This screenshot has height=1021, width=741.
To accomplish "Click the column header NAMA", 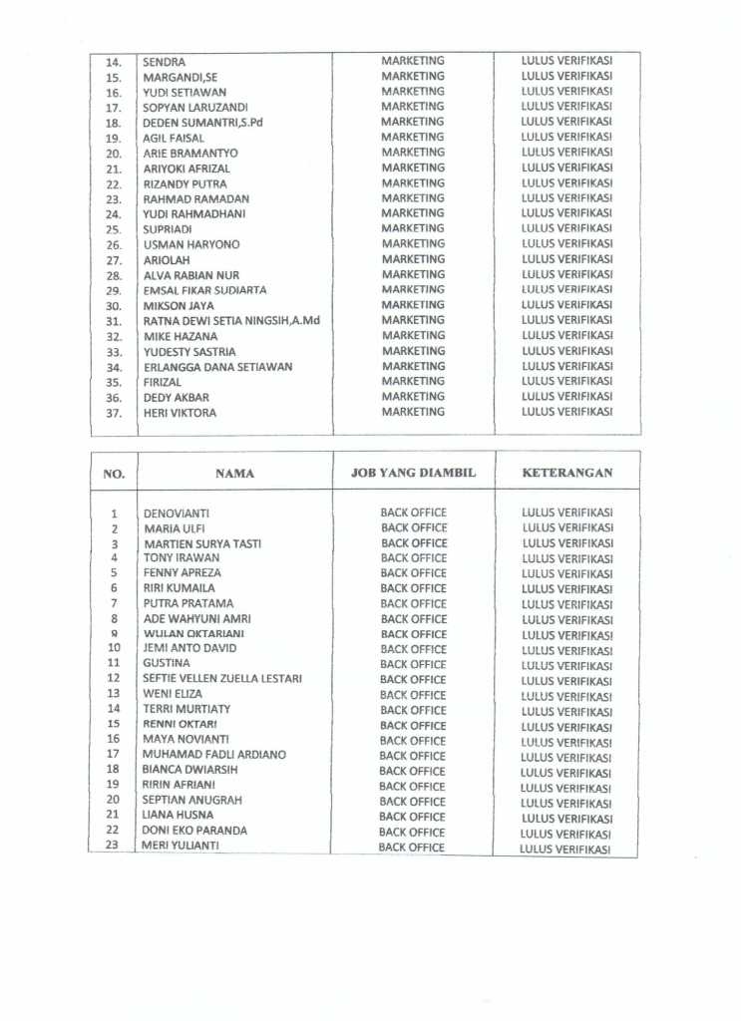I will [x=234, y=474].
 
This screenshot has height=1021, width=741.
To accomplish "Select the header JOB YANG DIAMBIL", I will [x=413, y=473].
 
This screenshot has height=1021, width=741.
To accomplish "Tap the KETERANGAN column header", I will [x=566, y=473].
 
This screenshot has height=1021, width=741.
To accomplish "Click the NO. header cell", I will [x=114, y=474].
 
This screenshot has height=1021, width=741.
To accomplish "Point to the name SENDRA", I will [x=165, y=62].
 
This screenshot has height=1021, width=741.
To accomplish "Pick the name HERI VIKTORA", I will [x=180, y=413].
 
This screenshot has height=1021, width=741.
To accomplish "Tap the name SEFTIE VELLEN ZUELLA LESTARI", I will [x=222, y=679].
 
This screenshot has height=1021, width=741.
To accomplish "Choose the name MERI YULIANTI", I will [x=182, y=847].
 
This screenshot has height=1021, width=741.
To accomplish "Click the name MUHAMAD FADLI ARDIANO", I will [x=214, y=755].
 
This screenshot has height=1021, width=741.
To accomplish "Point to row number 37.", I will [x=114, y=413].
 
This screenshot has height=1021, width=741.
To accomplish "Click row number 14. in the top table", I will [x=114, y=62].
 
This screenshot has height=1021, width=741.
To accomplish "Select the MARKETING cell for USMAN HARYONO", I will [x=413, y=244].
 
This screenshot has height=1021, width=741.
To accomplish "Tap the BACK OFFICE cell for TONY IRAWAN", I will [x=414, y=558].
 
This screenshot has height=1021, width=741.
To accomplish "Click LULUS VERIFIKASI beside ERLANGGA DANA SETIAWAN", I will [x=566, y=366].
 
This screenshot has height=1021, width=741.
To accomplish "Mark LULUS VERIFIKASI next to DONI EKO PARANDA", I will [x=564, y=833].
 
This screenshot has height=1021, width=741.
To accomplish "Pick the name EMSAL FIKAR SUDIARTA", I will [x=205, y=290].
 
